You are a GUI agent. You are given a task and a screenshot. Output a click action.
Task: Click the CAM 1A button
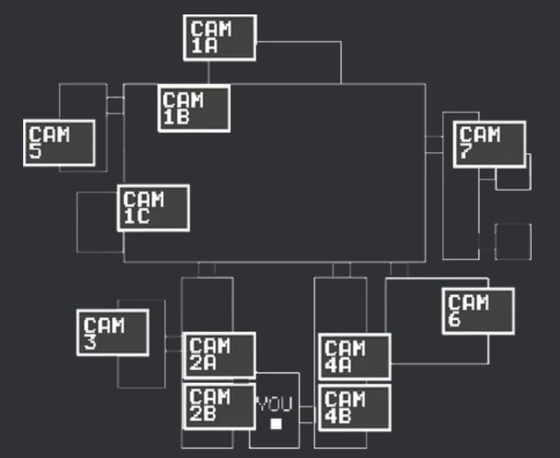coord(220,37)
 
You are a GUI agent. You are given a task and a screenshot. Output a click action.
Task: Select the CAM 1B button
coord(194,108)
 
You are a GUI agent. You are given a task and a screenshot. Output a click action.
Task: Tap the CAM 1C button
coord(153,207)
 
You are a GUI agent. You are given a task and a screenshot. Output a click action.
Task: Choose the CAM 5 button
coord(60,143)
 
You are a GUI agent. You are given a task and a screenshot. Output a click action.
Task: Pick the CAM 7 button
coord(489,144)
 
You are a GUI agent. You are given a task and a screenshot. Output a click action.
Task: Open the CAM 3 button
coord(112,332)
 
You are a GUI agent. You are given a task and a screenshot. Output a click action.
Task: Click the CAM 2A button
coord(219,356)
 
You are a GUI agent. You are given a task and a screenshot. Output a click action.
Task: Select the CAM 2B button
coord(219,407)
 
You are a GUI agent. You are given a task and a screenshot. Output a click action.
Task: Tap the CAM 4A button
coord(354,356)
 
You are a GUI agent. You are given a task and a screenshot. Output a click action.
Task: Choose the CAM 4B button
coord(354,408)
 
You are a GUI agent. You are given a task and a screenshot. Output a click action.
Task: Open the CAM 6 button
coord(478,310)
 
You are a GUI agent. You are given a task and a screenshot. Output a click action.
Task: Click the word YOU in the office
coord(274,404)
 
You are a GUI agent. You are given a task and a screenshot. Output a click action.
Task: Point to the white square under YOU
coord(276,423)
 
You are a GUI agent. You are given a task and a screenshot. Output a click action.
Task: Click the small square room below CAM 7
coord(513,242)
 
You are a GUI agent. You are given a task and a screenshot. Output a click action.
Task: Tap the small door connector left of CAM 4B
coord(307,414)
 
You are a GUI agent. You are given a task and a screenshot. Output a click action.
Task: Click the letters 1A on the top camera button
coord(204,46)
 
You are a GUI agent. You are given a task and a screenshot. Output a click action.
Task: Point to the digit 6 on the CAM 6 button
coord(455,320)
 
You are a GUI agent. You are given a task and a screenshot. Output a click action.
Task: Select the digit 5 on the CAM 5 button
coord(36,152)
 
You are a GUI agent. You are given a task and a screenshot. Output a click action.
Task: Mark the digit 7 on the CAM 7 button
coord(466,152)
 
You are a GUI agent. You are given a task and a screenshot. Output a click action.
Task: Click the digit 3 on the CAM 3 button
coord(90,341)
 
